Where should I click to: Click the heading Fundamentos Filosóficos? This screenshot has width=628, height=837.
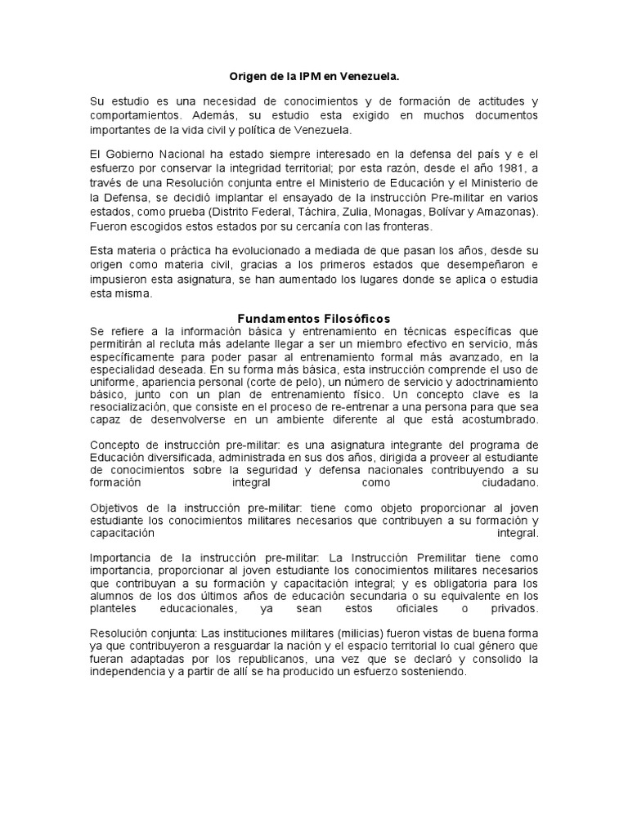pyautogui.click(x=314, y=318)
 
